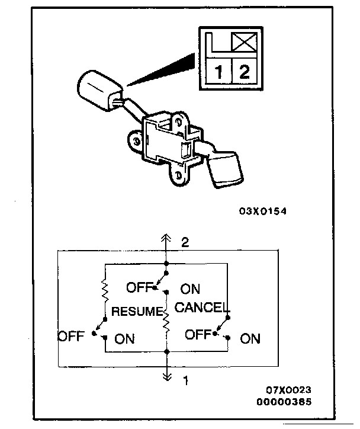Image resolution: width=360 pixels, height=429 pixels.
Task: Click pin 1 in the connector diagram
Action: pos(219,73)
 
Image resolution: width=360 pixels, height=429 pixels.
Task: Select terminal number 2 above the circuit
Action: pos(185,242)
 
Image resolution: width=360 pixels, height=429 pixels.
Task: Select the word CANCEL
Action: pos(202,308)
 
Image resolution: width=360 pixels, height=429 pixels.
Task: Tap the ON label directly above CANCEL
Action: pos(190,289)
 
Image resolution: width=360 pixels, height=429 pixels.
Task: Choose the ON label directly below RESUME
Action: pos(124,339)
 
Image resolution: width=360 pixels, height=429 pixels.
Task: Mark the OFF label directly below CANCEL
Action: pos(198,334)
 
